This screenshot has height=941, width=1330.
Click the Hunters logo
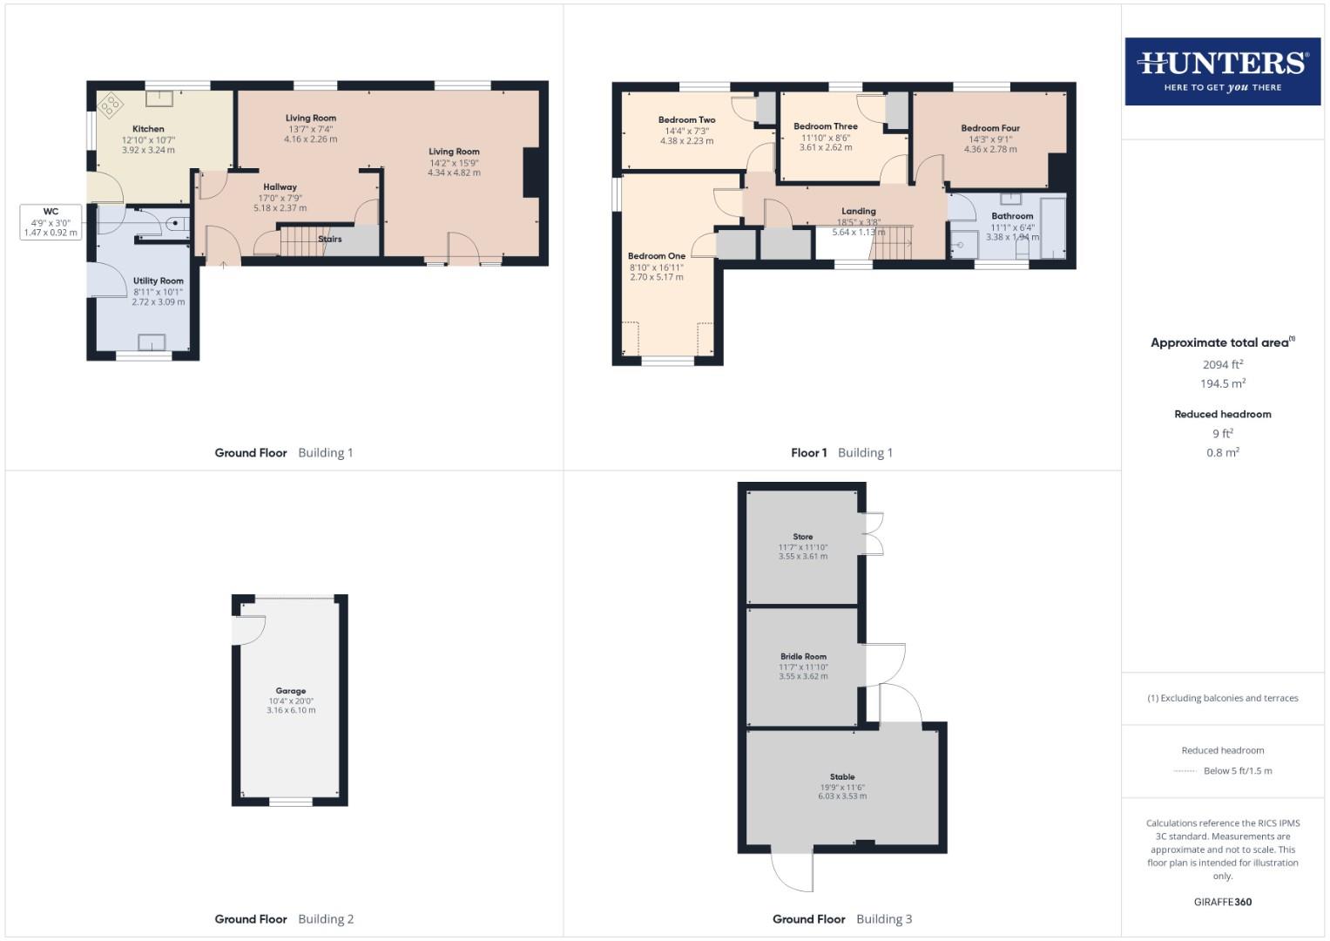[1222, 71]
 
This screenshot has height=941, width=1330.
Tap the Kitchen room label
[148, 129]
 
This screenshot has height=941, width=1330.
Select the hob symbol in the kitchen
[111, 105]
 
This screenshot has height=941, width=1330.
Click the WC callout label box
[51, 222]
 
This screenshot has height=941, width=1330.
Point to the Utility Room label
[158, 281]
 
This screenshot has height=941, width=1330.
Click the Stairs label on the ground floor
[330, 239]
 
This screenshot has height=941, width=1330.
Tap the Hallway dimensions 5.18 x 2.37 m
[280, 208]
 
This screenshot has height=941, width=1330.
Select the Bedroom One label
[657, 256]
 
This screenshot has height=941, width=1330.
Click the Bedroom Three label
[826, 126]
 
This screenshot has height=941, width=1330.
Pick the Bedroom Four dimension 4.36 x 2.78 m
[990, 149]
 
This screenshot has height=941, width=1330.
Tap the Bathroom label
[1012, 216]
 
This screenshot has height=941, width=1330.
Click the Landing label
[858, 211]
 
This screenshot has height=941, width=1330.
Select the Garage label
[291, 691]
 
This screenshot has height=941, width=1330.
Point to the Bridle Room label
[803, 657]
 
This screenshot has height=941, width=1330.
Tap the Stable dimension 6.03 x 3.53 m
[842, 795]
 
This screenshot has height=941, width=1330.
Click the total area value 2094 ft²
[1222, 365]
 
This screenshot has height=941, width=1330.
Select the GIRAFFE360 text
[1222, 902]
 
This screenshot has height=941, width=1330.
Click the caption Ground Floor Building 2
[284, 918]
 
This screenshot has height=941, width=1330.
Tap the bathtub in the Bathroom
[1053, 228]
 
